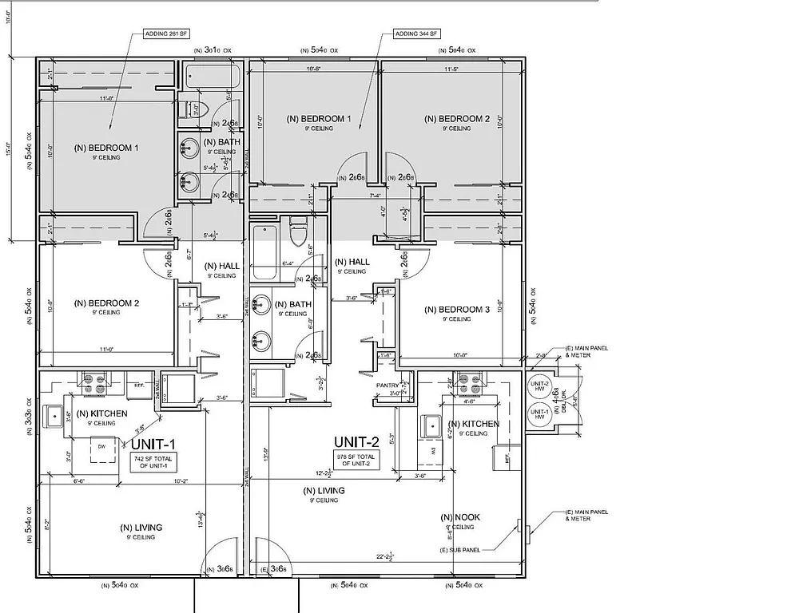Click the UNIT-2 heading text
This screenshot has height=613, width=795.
(x=357, y=441)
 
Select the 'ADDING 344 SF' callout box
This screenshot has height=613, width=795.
(x=416, y=34)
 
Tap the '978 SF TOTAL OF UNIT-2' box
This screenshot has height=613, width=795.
(x=358, y=460)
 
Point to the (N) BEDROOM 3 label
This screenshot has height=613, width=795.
(x=457, y=310)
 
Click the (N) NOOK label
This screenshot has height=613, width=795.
(x=460, y=517)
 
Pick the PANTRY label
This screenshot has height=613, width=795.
(x=388, y=386)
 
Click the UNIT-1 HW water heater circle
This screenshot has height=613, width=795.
(x=540, y=413)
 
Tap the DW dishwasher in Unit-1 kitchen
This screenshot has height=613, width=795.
(x=101, y=447)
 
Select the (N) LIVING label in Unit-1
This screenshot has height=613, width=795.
(x=141, y=528)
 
